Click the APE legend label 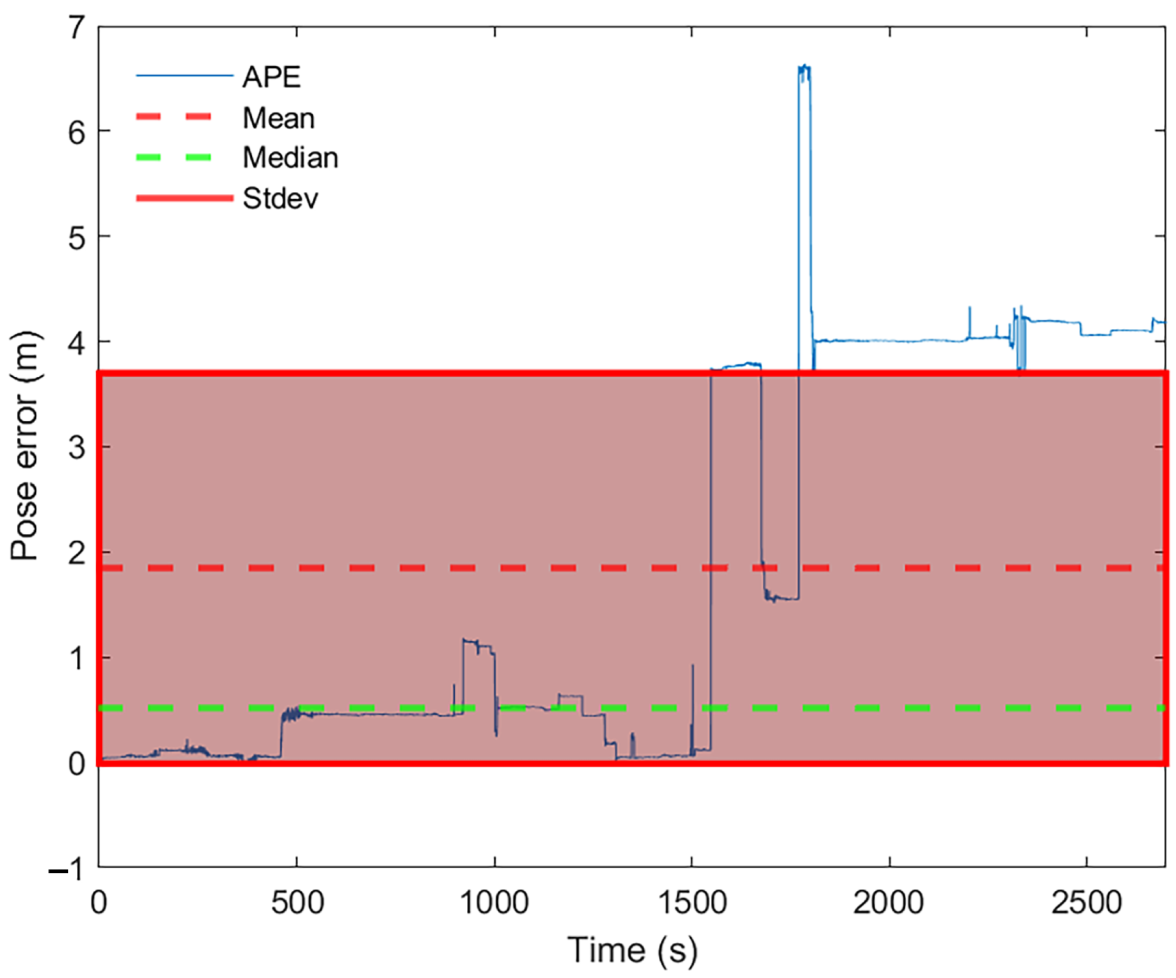coord(272,77)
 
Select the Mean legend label coord(278,118)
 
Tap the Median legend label coord(290,158)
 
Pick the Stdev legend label coord(280,198)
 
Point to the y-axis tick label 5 coord(77,238)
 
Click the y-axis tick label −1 coord(67,870)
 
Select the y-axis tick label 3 coord(77,448)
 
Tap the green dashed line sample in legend coord(173,158)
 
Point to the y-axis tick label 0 coord(77,764)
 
